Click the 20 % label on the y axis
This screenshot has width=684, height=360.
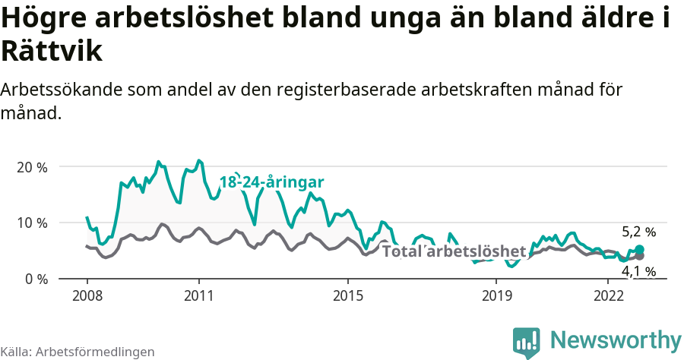[32, 167]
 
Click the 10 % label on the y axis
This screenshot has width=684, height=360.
[32, 223]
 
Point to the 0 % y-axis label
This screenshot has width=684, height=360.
[36, 279]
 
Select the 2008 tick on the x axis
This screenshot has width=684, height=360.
[87, 294]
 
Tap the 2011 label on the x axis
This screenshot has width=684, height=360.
[198, 294]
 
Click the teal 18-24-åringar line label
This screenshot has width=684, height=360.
[271, 182]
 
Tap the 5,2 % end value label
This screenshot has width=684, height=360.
[638, 232]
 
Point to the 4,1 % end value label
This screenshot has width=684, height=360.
[638, 271]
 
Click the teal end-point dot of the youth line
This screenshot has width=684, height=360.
[639, 250]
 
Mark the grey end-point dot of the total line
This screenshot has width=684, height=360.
[639, 256]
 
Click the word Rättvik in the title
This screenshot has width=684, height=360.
[52, 51]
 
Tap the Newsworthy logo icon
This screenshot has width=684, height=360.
[527, 343]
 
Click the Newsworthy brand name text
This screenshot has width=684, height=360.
[616, 339]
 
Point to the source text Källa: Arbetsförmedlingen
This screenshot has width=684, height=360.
[78, 352]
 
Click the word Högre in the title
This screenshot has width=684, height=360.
[43, 19]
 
